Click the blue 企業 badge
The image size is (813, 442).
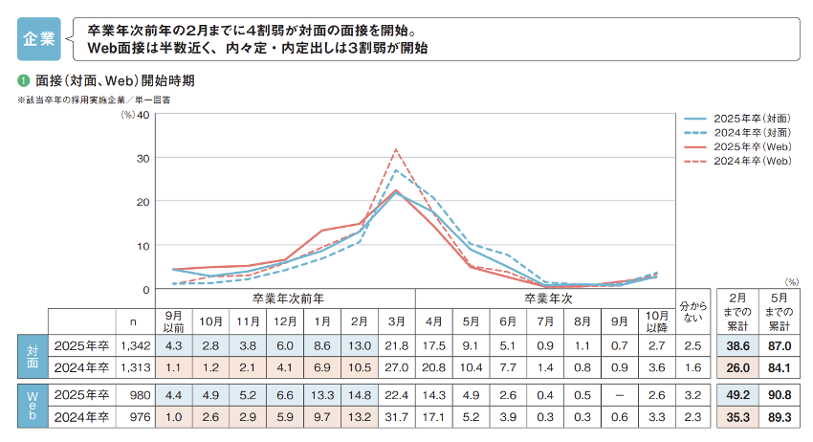tap(39, 38)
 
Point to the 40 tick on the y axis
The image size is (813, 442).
tap(143, 115)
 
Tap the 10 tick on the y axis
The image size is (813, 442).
tap(143, 245)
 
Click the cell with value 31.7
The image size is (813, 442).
tap(394, 417)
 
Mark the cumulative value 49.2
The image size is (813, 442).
tap(736, 395)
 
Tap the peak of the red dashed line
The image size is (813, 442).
tap(395, 149)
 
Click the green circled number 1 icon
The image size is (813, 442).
tap(22, 80)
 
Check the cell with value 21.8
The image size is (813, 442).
tap(394, 343)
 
